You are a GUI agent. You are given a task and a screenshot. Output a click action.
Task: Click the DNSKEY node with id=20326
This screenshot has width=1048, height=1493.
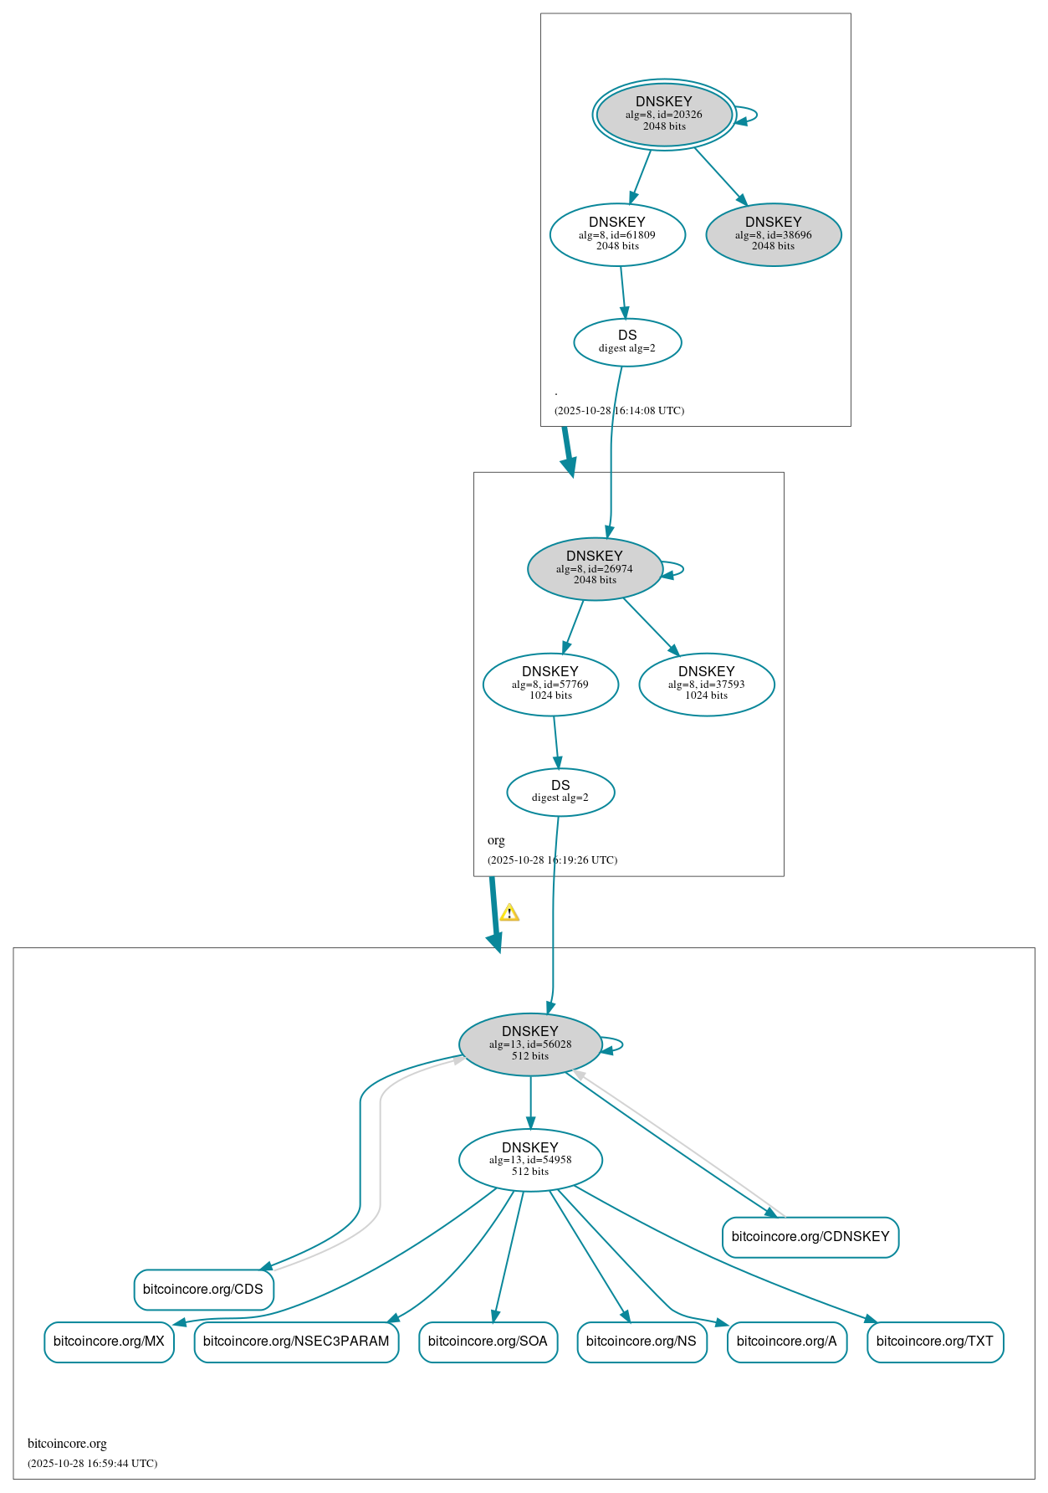pyautogui.click(x=664, y=115)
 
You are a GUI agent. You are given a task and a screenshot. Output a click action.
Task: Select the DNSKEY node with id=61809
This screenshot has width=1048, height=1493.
pyautogui.click(x=617, y=234)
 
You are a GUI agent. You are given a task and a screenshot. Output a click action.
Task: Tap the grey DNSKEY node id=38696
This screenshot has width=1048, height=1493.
pyautogui.click(x=773, y=234)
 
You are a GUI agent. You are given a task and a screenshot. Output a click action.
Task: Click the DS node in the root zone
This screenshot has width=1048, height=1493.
pyautogui.click(x=627, y=341)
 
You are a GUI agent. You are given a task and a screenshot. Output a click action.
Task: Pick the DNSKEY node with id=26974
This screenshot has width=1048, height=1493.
pyautogui.click(x=595, y=568)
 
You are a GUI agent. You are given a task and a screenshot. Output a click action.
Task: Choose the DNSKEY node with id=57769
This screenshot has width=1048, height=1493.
pyautogui.click(x=550, y=684)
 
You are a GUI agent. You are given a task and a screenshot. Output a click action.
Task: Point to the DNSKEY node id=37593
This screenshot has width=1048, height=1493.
pyautogui.click(x=706, y=684)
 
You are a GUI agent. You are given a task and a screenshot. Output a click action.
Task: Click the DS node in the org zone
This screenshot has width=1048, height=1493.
pyautogui.click(x=560, y=791)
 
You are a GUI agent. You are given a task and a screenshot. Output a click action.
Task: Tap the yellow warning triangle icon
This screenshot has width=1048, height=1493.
pyautogui.click(x=509, y=913)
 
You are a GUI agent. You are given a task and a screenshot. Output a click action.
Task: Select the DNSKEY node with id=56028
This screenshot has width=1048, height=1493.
pyautogui.click(x=530, y=1044)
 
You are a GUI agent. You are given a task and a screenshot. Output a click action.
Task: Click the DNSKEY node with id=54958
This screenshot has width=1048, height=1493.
pyautogui.click(x=530, y=1159)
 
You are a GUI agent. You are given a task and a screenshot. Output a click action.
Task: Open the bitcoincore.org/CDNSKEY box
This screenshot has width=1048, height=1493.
pyautogui.click(x=810, y=1236)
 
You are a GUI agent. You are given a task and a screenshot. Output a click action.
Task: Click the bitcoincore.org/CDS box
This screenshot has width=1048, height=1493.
pyautogui.click(x=203, y=1289)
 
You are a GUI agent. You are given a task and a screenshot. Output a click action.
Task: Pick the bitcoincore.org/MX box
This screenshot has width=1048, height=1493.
pyautogui.click(x=109, y=1341)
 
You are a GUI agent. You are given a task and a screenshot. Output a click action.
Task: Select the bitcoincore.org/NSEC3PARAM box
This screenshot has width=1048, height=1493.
pyautogui.click(x=296, y=1341)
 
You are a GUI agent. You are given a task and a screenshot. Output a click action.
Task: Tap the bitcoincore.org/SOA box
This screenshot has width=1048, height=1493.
pyautogui.click(x=488, y=1341)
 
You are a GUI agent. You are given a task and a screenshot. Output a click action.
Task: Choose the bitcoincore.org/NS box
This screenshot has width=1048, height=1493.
pyautogui.click(x=642, y=1341)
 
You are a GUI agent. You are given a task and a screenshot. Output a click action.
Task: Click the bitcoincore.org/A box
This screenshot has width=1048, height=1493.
pyautogui.click(x=786, y=1341)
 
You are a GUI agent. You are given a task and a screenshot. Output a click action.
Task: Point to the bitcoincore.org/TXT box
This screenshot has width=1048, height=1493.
pyautogui.click(x=934, y=1341)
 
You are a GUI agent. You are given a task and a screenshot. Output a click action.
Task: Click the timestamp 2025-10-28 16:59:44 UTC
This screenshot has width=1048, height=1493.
pyautogui.click(x=92, y=1463)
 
